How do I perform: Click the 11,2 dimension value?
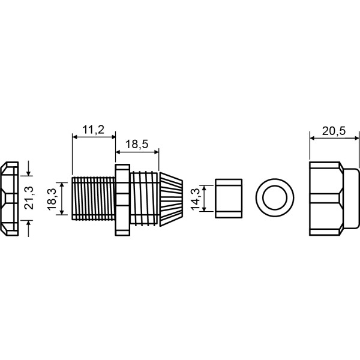click(93, 130)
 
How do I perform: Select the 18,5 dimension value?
click(137, 145)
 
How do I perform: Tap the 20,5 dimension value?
click(334, 131)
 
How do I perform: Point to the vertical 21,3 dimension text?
click(29, 198)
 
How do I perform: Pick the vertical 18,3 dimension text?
click(52, 199)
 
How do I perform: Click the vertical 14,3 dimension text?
click(196, 199)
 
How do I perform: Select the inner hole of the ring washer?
click(275, 198)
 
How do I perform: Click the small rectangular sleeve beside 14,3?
click(229, 199)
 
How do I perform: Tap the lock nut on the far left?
click(10, 199)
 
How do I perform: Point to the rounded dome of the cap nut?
click(351, 199)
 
